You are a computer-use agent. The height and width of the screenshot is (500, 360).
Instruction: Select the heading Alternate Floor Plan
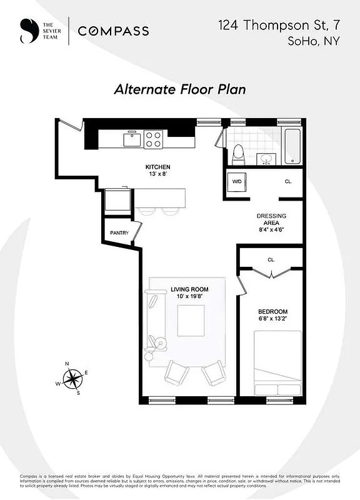coord(179,89)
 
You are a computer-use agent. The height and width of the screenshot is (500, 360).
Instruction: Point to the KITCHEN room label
coord(157,167)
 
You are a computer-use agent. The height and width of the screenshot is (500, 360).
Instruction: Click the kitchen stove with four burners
coord(154,139)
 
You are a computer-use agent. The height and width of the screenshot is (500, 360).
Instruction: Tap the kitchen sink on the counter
coord(132,138)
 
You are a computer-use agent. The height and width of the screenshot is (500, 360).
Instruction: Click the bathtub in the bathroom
coord(292,144)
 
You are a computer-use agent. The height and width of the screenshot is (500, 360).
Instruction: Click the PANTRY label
coord(119,233)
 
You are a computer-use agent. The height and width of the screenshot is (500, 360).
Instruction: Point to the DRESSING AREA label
coord(271,219)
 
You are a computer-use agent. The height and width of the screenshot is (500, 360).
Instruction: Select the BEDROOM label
coord(272,311)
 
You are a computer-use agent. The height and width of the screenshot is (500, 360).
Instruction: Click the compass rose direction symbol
coord(73,378)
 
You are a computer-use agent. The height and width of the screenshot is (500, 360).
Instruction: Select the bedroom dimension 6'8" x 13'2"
coord(272,319)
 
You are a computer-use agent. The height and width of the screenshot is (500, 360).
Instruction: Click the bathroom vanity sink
coord(267,157)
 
